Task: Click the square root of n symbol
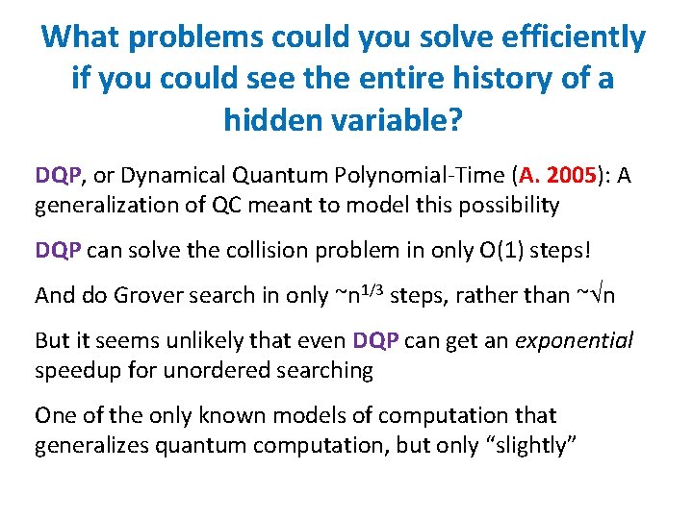click(x=604, y=295)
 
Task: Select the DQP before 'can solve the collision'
click(x=59, y=250)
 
